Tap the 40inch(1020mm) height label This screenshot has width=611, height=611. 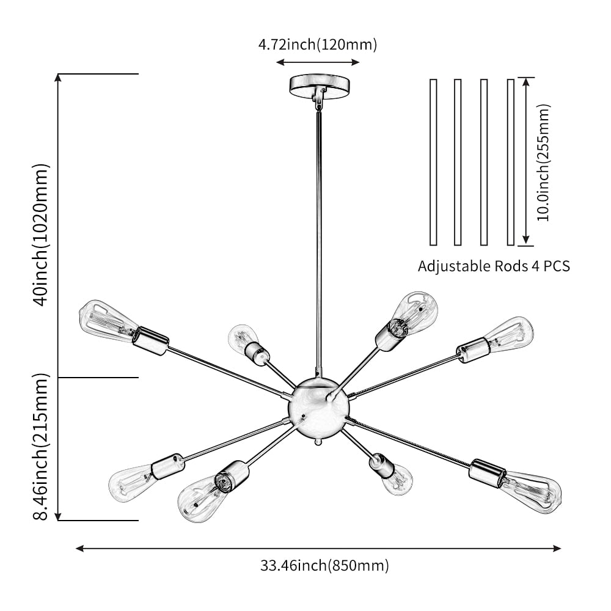[40, 235]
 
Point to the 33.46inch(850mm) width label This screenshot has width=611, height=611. [324, 565]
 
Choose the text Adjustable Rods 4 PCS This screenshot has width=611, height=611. [494, 266]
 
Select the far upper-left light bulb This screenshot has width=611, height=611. [106, 318]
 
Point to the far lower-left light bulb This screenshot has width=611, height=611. [130, 478]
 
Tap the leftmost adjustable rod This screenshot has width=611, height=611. [433, 162]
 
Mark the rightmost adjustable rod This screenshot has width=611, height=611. [511, 162]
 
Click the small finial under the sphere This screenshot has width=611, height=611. [317, 441]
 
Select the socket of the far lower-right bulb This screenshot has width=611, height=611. [487, 472]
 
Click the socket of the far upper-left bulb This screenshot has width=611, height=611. [151, 340]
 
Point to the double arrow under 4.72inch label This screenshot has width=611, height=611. [317, 62]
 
